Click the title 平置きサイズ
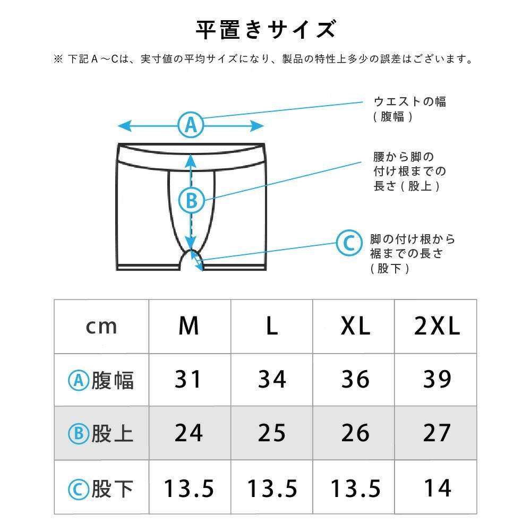(266, 29)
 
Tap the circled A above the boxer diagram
(191, 125)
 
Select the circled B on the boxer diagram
(191, 201)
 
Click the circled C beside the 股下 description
(349, 243)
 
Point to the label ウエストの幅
(410, 101)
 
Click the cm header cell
(101, 327)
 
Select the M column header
(189, 326)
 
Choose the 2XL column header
(437, 326)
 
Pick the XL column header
(355, 326)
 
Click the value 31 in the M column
(188, 379)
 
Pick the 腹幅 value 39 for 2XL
(437, 379)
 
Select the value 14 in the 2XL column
(438, 488)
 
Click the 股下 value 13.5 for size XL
(356, 489)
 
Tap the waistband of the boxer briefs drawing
(191, 157)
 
